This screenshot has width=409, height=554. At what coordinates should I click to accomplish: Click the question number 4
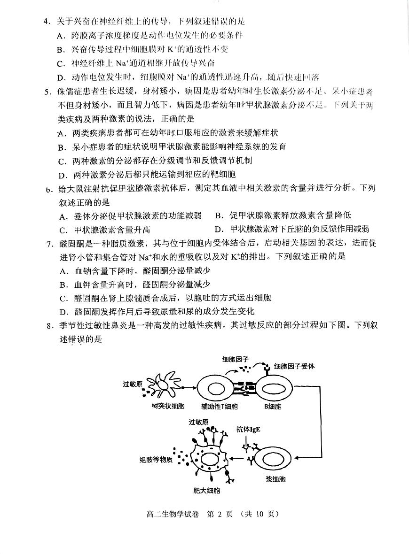tap(46, 22)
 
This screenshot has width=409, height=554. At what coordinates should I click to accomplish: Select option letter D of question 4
tap(60, 77)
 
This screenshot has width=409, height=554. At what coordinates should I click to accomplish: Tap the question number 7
tap(49, 243)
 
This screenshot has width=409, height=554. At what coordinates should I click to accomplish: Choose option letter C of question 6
tap(63, 230)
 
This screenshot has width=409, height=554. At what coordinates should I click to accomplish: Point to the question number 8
tap(49, 325)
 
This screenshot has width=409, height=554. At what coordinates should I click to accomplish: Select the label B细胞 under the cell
tap(272, 406)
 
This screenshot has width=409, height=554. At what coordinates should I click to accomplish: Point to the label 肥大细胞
tap(207, 491)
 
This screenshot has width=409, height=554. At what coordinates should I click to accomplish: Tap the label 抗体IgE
tap(249, 429)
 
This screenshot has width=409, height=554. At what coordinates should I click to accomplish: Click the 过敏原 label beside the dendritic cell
tap(133, 384)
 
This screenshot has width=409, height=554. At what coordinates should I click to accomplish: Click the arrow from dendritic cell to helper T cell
tap(188, 388)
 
